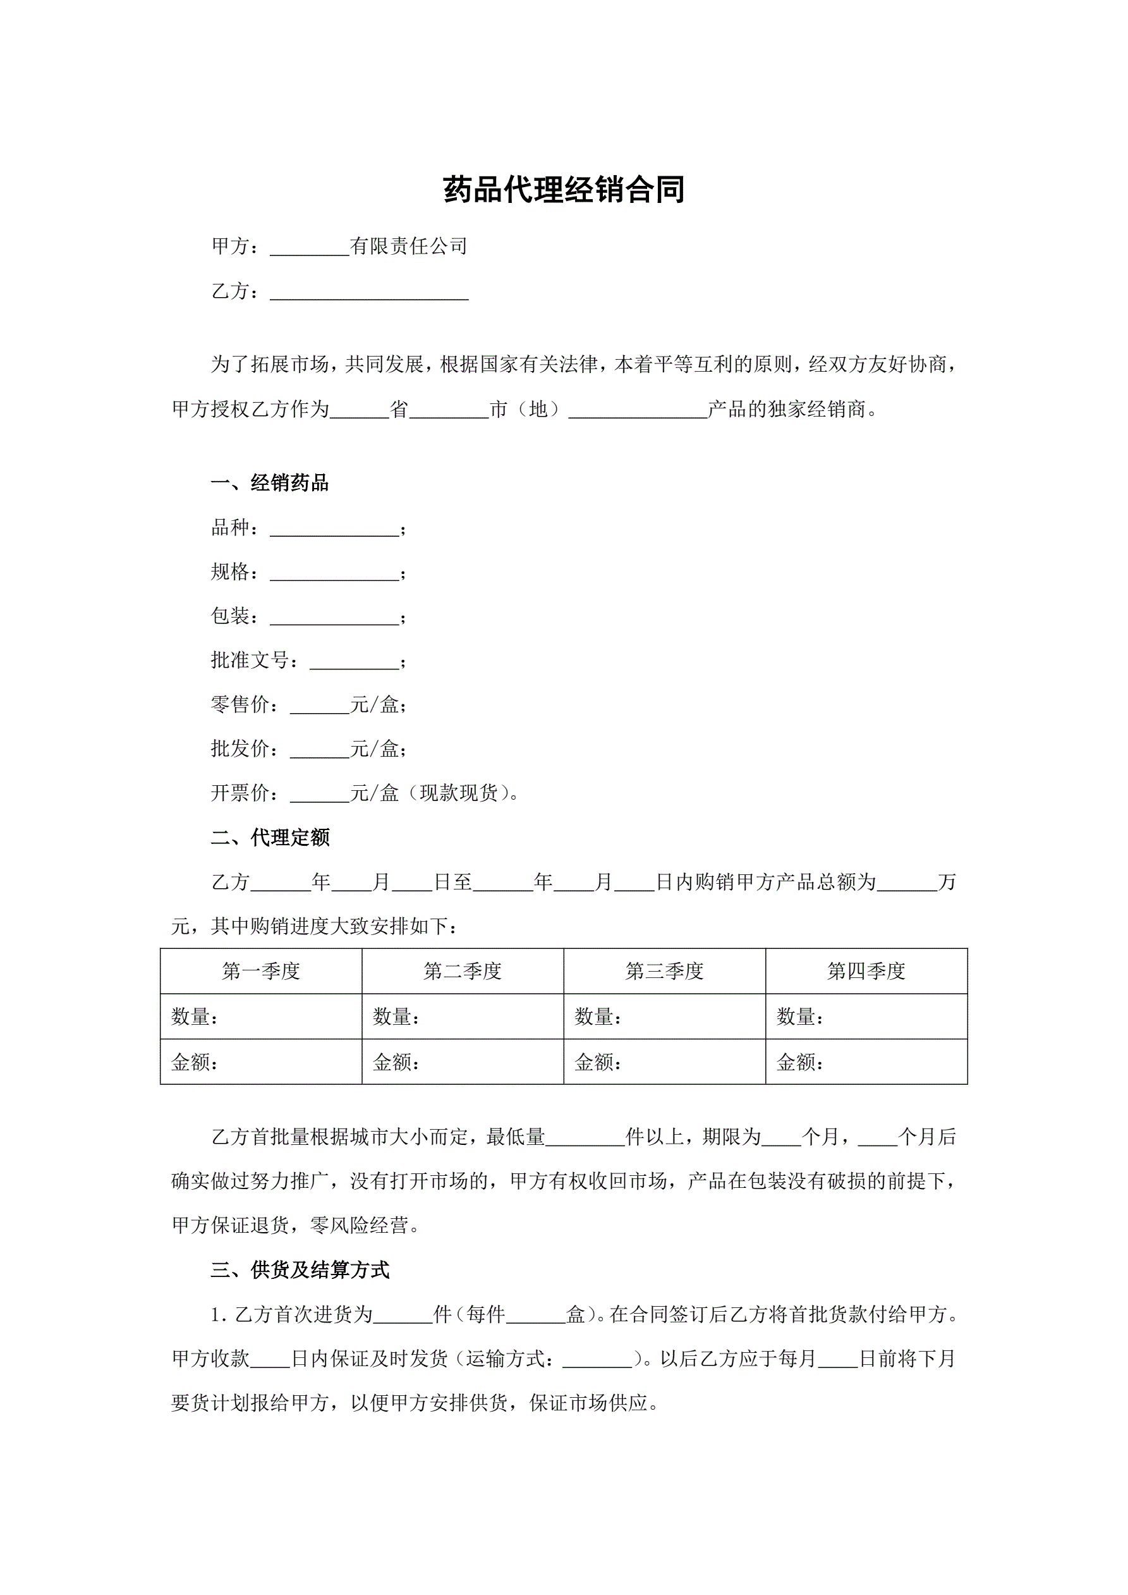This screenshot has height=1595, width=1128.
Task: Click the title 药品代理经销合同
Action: (x=563, y=190)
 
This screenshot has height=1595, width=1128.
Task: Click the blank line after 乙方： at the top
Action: (x=369, y=293)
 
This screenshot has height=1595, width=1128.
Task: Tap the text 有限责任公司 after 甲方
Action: (x=408, y=246)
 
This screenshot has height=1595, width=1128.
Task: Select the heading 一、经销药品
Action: (x=269, y=484)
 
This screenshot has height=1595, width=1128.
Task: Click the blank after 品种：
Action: (x=334, y=529)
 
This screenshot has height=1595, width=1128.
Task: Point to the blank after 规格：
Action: (x=334, y=574)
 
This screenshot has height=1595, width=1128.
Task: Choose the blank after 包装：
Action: (x=334, y=618)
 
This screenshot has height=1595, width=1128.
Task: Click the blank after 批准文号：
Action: (x=355, y=662)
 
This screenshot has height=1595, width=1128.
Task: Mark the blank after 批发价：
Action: (x=319, y=750)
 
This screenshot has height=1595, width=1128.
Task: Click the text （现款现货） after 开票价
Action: (x=459, y=793)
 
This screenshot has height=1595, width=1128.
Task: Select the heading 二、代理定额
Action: (x=269, y=838)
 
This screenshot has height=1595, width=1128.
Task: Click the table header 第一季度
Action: (x=261, y=971)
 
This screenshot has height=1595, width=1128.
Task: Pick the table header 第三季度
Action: (x=665, y=971)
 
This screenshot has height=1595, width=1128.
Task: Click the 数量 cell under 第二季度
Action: (x=463, y=1017)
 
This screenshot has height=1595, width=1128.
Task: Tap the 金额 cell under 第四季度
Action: (x=866, y=1062)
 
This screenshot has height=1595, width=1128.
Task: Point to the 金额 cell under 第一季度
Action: (x=261, y=1062)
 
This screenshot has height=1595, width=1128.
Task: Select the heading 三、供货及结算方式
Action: (x=300, y=1271)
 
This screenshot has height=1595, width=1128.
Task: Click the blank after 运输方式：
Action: (x=597, y=1359)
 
